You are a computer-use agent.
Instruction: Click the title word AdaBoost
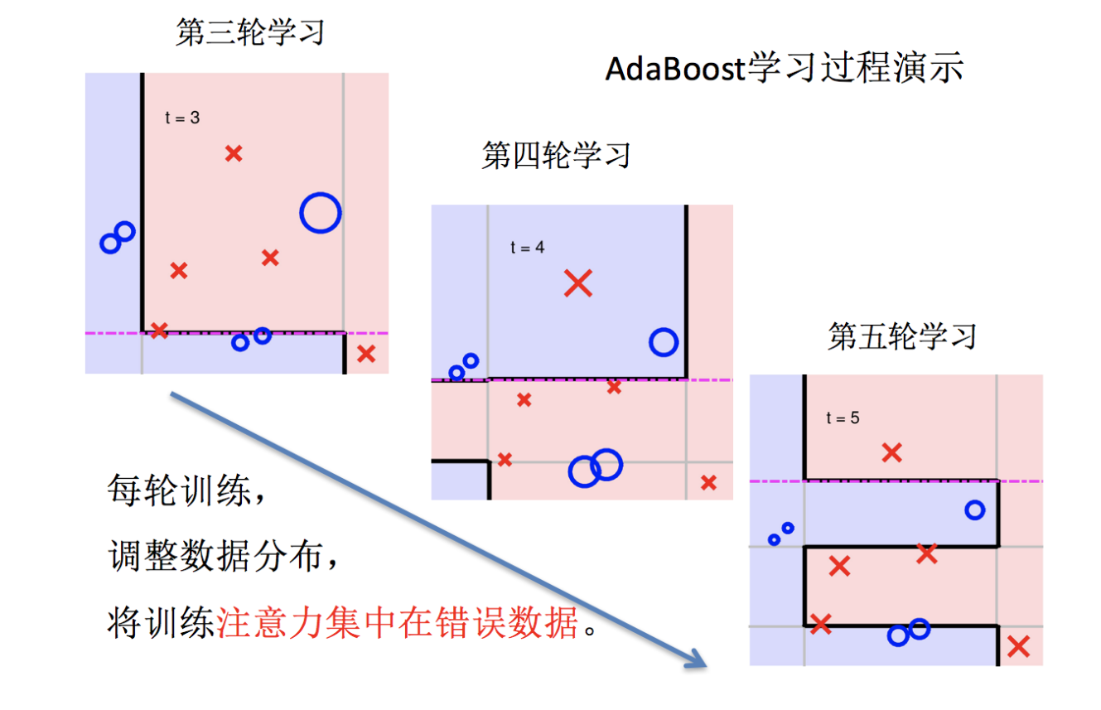pos(676,69)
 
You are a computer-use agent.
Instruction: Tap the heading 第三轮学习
pos(249,32)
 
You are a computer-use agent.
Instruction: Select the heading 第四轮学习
pos(556,155)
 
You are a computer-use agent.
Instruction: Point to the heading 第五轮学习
pos(902,336)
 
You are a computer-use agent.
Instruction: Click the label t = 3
pos(182,118)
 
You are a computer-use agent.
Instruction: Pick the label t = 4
pos(528,247)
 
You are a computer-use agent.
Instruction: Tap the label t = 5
pos(843,418)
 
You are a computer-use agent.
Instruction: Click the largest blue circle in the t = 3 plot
pos(320,213)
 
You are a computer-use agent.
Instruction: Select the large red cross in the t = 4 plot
pos(578,283)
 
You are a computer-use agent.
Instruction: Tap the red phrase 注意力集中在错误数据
pos(398,622)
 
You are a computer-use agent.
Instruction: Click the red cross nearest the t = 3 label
pos(234,152)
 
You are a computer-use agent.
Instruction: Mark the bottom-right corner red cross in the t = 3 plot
pos(366,354)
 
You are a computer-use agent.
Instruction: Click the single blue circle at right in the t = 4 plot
pos(664,341)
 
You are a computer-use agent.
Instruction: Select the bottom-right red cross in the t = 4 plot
pos(708,482)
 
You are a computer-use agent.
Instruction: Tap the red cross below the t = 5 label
pos(891,452)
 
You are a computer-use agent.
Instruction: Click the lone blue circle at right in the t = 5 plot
pos(975,510)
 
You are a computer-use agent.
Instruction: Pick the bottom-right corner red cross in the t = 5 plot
pos(1018,645)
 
